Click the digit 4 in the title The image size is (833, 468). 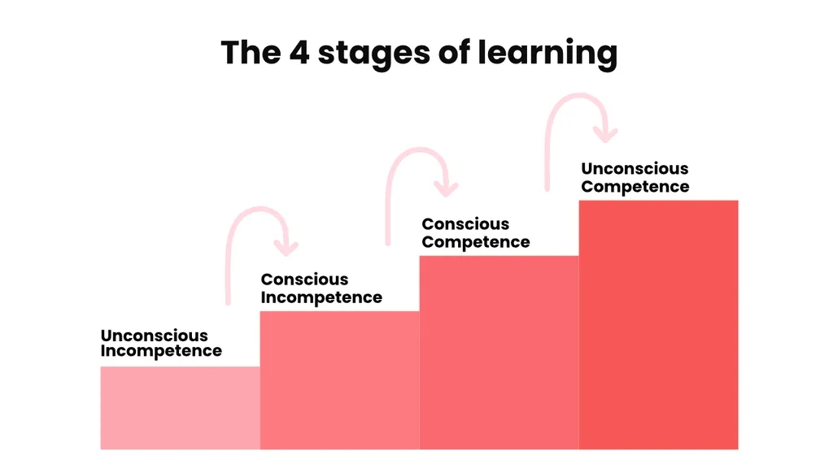click(299, 53)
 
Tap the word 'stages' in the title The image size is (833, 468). click(374, 54)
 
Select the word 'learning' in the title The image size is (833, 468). click(547, 54)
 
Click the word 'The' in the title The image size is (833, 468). click(251, 52)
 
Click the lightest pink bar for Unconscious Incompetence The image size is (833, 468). click(180, 408)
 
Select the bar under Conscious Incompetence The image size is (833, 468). click(339, 380)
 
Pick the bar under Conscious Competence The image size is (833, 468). click(499, 353)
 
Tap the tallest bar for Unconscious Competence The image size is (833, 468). click(658, 325)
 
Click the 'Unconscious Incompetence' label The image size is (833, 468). click(161, 344)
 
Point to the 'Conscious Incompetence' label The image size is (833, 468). click(321, 288)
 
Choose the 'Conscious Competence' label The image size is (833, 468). click(475, 233)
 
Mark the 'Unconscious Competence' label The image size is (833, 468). click(635, 178)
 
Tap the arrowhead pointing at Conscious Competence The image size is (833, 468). click(446, 188)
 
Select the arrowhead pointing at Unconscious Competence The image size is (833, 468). click(605, 134)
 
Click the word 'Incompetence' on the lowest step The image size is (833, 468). click(161, 352)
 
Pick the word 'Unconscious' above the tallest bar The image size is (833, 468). click(635, 169)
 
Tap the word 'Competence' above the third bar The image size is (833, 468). click(475, 242)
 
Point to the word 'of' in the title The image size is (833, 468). click(454, 52)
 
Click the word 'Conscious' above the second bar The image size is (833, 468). click(304, 279)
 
